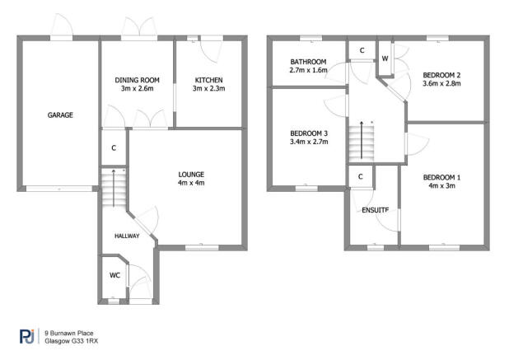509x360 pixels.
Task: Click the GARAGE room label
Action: [60, 115]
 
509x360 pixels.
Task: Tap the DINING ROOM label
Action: [136, 80]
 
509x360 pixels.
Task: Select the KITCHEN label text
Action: [208, 80]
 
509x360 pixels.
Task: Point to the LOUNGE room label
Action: [191, 174]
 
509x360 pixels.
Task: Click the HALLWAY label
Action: [127, 236]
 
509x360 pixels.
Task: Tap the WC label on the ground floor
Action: [115, 274]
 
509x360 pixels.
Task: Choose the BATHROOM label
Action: [309, 62]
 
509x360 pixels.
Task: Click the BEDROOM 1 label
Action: [441, 177]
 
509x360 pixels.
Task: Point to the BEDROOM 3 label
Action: [309, 133]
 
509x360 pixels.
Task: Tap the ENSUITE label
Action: [375, 210]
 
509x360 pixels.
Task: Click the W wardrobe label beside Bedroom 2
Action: [385, 58]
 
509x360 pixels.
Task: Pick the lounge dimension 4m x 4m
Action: [191, 183]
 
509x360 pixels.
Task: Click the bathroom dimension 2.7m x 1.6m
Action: [309, 71]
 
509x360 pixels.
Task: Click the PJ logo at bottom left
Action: [27, 336]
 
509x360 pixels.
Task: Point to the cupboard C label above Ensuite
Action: [361, 177]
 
